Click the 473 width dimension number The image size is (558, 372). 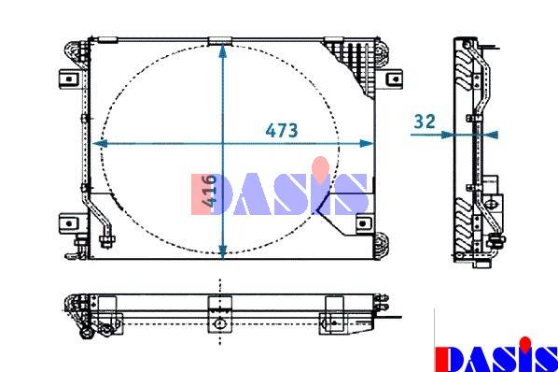point(282,131)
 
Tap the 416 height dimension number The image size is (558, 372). point(208,191)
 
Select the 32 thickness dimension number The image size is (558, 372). point(425,122)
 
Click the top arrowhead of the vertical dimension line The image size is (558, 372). point(223,50)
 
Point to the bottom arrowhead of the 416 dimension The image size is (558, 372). point(223,252)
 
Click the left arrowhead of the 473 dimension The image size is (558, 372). point(100,144)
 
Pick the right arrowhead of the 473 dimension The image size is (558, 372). point(367,144)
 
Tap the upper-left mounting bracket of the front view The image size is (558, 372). point(70,79)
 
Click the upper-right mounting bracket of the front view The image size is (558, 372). point(394,79)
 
